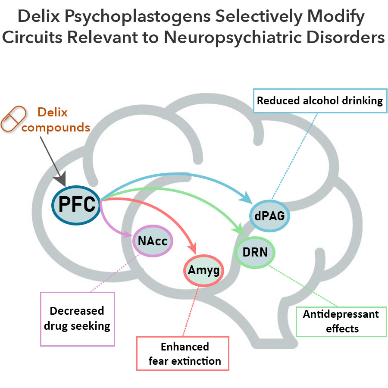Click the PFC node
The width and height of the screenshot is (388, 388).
click(76, 204)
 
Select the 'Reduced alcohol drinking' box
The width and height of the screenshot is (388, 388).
click(320, 101)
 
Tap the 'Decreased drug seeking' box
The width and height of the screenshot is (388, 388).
click(77, 319)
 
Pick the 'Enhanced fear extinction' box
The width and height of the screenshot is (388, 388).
click(182, 353)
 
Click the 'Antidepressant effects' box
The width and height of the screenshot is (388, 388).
click(341, 321)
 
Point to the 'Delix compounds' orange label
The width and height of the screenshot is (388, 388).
click(56, 119)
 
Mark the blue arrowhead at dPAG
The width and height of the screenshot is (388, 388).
click(247, 198)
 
